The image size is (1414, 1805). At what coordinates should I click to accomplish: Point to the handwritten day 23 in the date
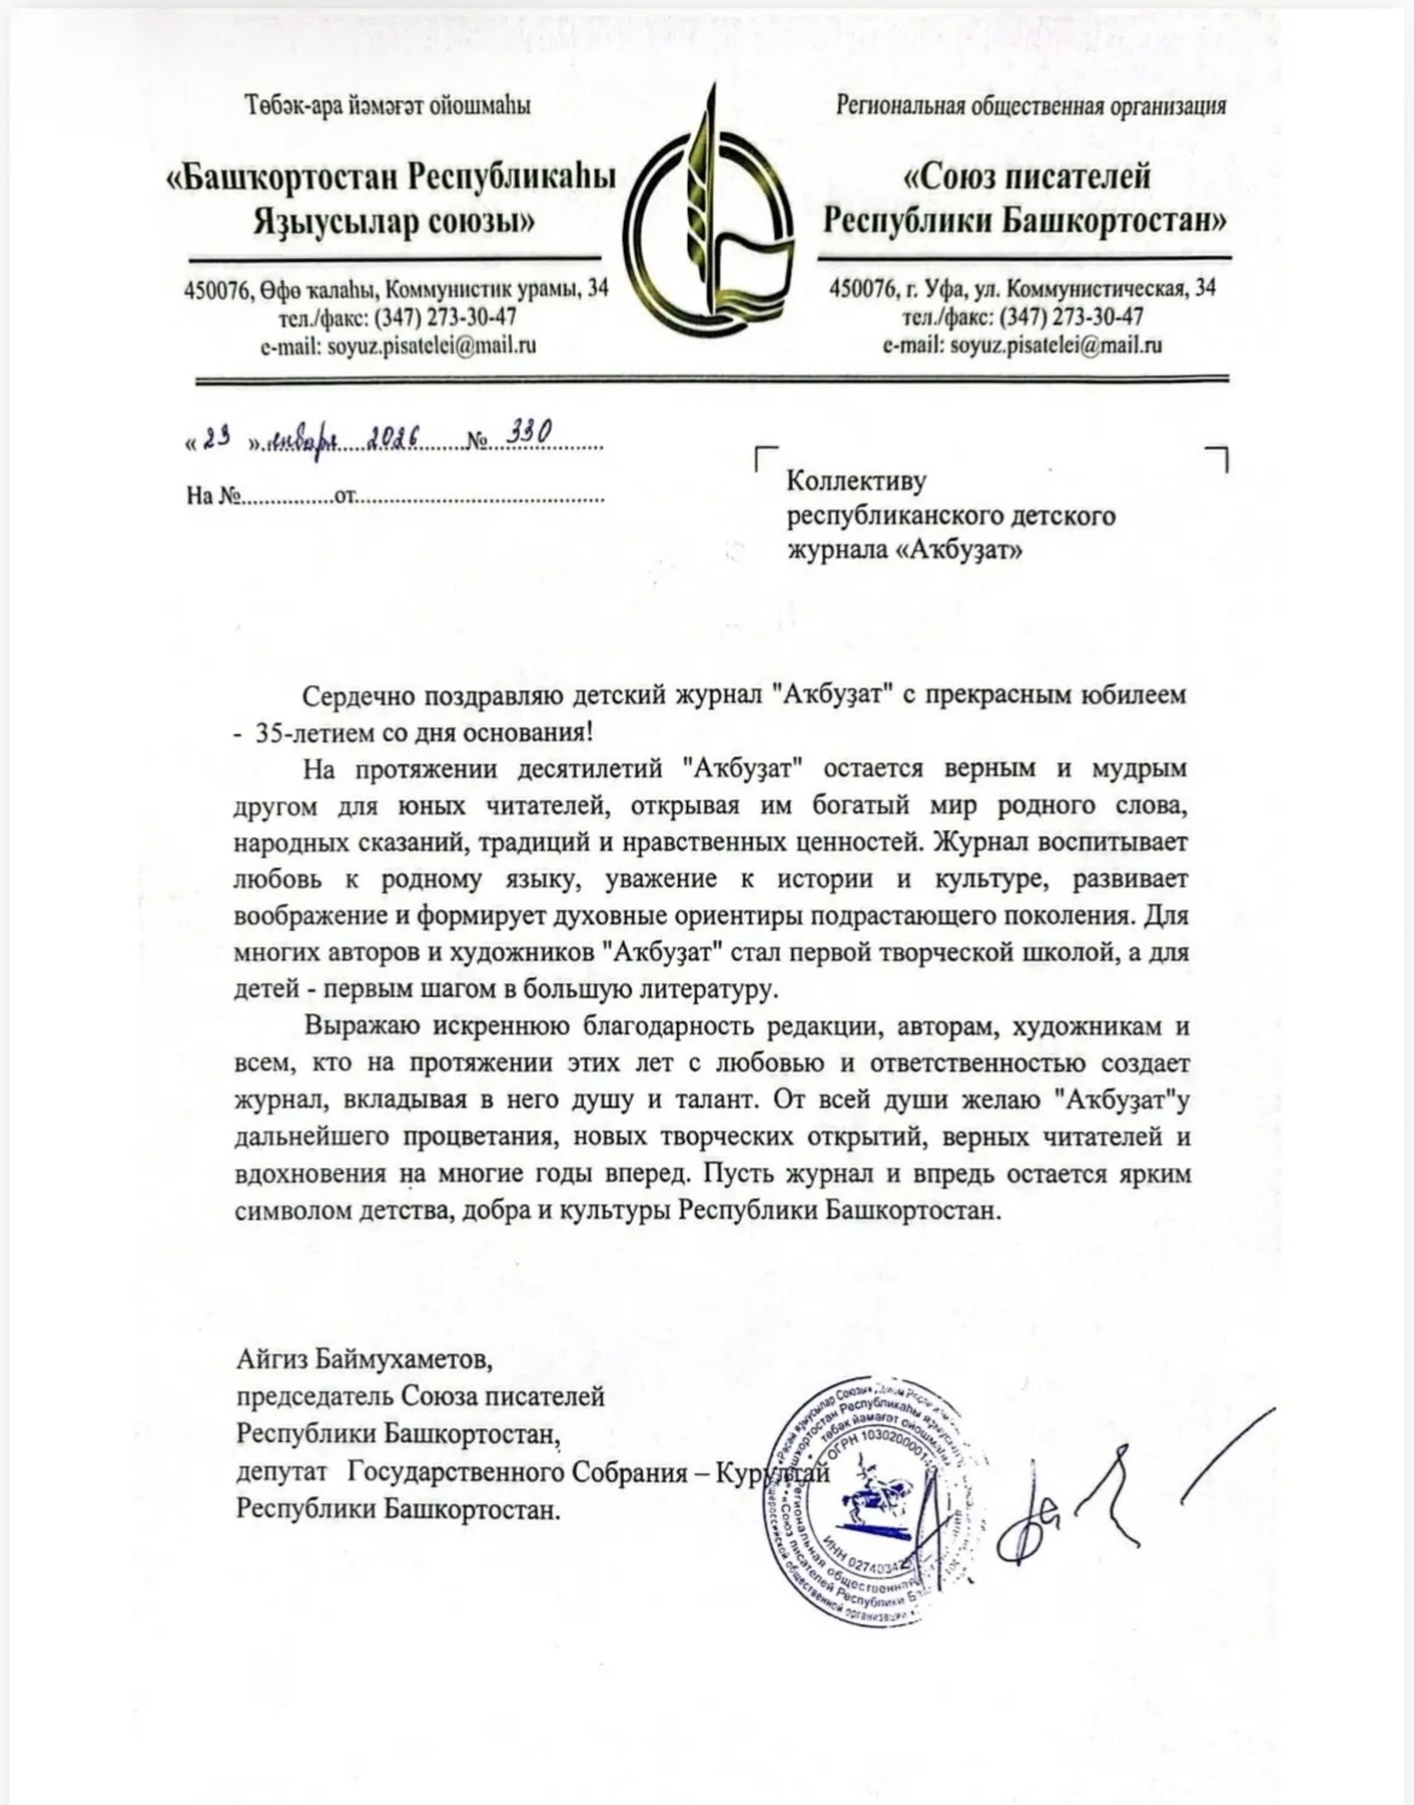click(x=216, y=438)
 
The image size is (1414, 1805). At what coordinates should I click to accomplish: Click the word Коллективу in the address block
click(x=855, y=482)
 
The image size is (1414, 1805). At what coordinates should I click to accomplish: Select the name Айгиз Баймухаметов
click(x=364, y=1358)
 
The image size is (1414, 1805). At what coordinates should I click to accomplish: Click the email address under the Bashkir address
click(x=431, y=346)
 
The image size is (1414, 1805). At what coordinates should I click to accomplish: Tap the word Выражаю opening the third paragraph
click(x=359, y=1025)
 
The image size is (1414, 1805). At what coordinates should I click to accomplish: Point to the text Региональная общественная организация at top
click(x=1030, y=107)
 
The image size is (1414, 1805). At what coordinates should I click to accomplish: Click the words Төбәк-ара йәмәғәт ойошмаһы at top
click(x=388, y=107)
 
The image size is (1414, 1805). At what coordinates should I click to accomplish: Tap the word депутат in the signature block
click(x=281, y=1473)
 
